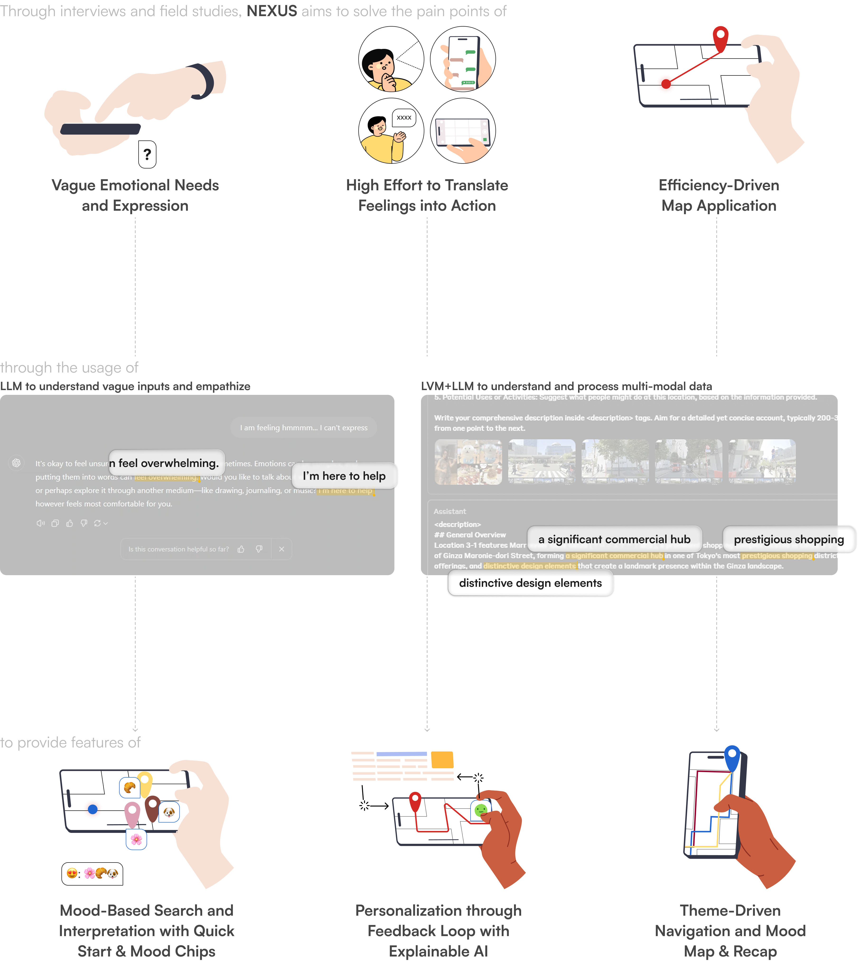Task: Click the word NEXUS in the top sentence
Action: click(x=272, y=11)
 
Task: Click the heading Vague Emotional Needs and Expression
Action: click(x=135, y=195)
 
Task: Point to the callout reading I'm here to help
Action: click(x=344, y=476)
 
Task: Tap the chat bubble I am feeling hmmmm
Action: click(x=303, y=428)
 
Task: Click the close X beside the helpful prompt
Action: click(x=282, y=549)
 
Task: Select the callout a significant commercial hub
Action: click(x=614, y=539)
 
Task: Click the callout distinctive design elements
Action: click(x=530, y=583)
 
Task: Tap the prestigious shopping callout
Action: click(x=789, y=539)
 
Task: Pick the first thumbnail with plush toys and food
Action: click(x=468, y=462)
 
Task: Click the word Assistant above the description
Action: click(x=449, y=511)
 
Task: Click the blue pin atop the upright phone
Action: click(x=731, y=756)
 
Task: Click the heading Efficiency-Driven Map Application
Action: click(x=719, y=195)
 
